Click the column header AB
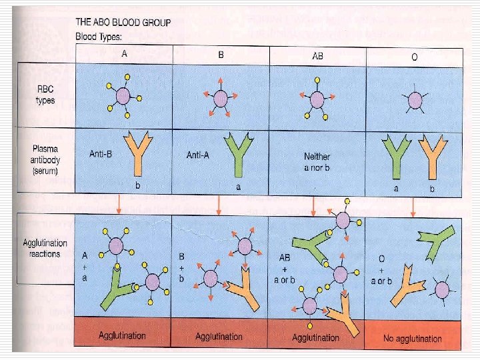[x=317, y=55]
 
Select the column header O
[x=415, y=57]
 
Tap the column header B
[x=221, y=55]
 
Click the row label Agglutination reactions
[x=45, y=249]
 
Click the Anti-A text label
[x=199, y=154]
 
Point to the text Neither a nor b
[x=317, y=161]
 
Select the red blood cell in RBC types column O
[x=415, y=101]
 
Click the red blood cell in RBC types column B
[x=221, y=98]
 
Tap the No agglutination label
[x=413, y=338]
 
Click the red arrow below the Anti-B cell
[x=119, y=203]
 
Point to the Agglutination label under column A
[x=123, y=336]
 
